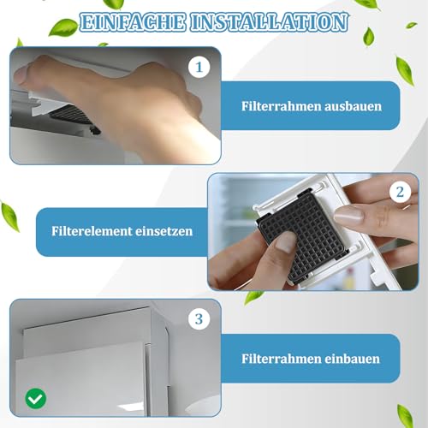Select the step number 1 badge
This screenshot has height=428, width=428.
(199, 67)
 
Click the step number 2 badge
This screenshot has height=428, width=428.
(399, 193)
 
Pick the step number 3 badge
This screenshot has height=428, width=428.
(199, 319)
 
